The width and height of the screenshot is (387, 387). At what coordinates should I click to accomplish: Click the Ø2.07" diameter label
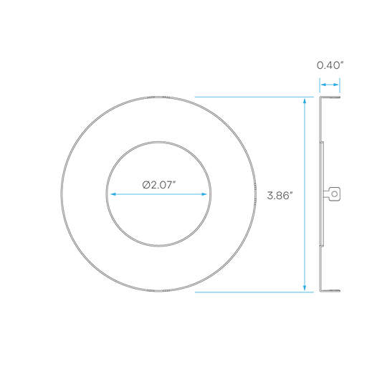[x=159, y=185]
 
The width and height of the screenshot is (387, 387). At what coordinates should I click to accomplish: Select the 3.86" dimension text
[x=279, y=196]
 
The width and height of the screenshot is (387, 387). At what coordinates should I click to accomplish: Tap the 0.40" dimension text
[x=330, y=65]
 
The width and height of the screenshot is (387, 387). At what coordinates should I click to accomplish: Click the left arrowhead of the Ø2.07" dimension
[x=113, y=194]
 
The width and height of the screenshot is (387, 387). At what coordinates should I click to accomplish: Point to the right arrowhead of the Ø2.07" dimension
[x=204, y=194]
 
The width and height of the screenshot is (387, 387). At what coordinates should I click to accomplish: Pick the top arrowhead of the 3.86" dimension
[x=305, y=101]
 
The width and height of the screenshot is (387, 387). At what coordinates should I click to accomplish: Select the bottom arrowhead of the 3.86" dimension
[x=305, y=288]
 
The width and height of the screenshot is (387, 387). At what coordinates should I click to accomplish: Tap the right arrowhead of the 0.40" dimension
[x=336, y=85]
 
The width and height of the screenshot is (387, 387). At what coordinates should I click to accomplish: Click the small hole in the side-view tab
[x=335, y=194]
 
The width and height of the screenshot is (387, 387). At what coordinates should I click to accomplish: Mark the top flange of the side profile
[x=330, y=97]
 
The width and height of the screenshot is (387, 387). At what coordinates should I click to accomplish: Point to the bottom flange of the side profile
[x=330, y=291]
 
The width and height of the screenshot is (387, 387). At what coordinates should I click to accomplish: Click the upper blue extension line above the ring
[x=254, y=97]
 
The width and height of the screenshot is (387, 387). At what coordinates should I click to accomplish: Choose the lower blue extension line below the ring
[x=254, y=292]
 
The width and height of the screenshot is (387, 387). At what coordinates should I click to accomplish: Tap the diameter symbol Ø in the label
[x=146, y=185]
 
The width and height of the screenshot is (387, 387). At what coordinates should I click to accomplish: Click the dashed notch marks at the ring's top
[x=158, y=97]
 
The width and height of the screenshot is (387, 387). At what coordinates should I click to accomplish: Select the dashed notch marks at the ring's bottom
[x=158, y=291]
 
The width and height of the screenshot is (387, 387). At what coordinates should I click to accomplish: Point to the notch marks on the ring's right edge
[x=255, y=194]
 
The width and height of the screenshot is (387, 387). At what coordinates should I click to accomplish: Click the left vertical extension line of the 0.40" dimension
[x=320, y=85]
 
